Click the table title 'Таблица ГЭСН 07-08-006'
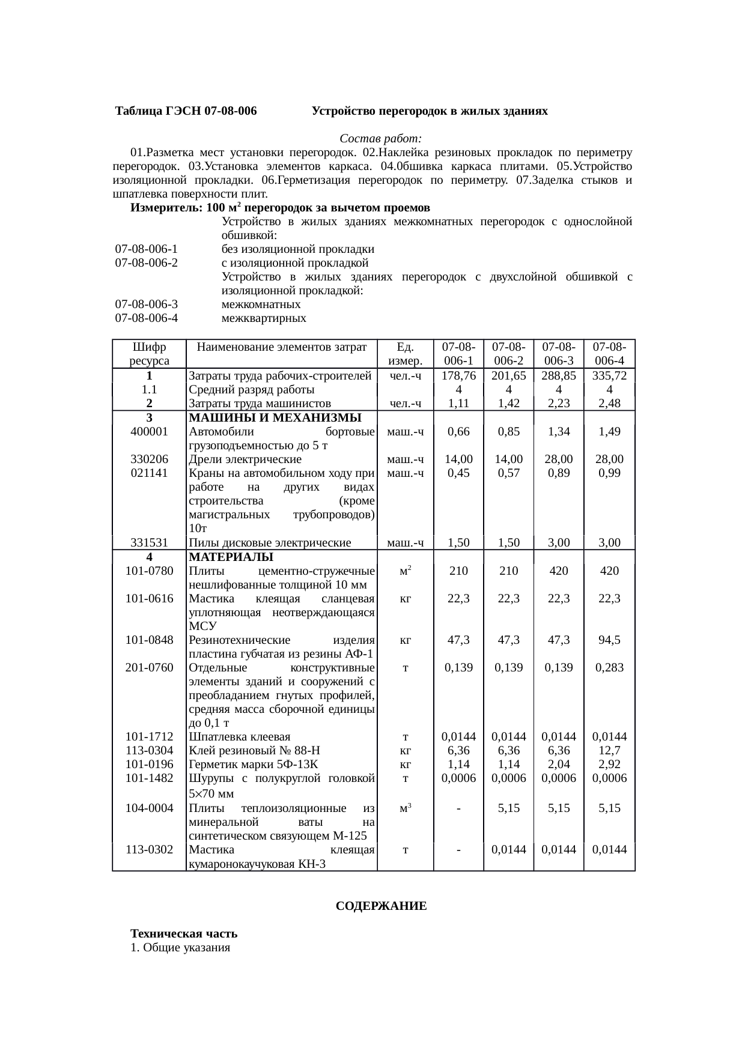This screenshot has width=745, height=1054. coord(186,112)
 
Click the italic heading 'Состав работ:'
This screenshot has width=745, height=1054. coord(381,138)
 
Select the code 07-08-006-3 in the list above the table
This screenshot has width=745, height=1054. coord(146,304)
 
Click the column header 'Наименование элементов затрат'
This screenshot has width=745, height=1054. coord(281,347)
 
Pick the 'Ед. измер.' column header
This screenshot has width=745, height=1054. coord(405,354)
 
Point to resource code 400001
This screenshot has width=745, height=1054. coord(149,431)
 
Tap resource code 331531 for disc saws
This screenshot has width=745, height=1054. coord(149,543)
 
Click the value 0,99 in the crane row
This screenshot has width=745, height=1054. coord(609,473)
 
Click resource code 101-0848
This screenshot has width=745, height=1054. coord(149,640)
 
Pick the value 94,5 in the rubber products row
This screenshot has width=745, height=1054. coord(609,640)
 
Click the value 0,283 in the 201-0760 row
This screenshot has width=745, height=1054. coord(609,668)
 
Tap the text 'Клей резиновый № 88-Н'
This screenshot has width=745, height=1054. coord(254,750)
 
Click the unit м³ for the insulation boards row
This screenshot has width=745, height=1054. coord(405,808)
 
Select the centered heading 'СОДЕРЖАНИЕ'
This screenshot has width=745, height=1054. coord(381,906)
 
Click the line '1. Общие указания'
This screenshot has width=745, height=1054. coord(181,948)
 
